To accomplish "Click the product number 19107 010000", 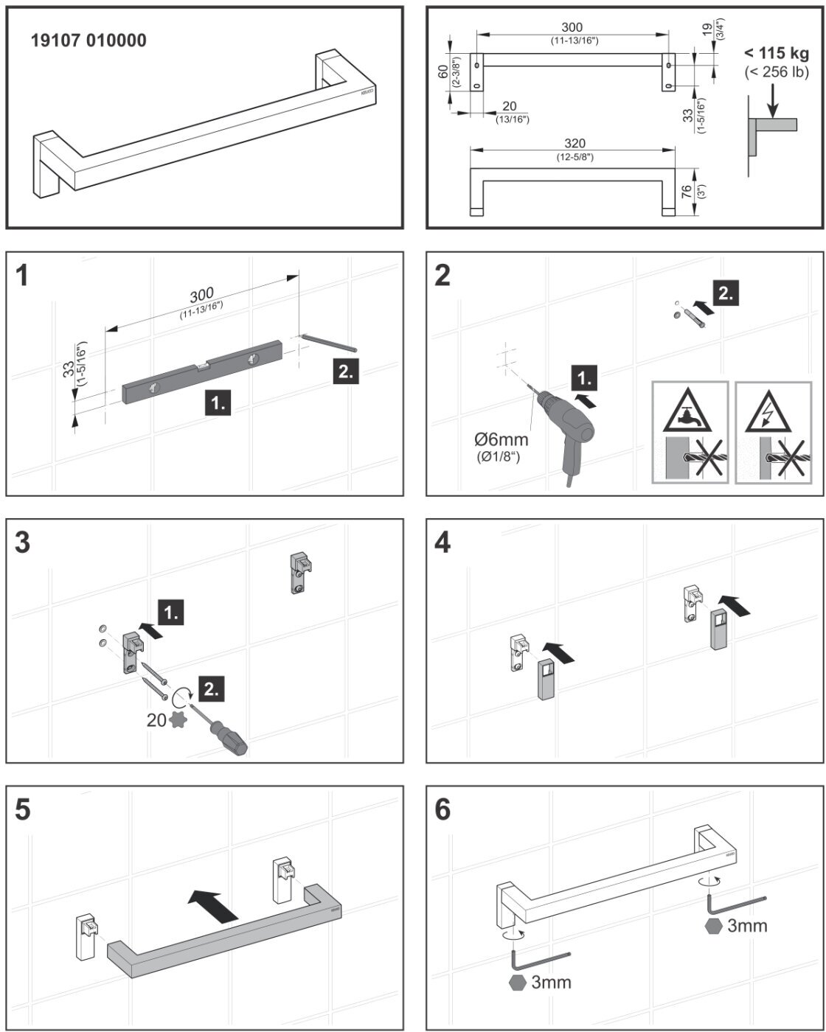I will tap(88, 41).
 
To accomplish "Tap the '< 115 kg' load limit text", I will tap(777, 53).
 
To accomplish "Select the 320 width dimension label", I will tap(575, 143).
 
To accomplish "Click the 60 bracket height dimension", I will tap(442, 71).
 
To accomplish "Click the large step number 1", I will tap(24, 276).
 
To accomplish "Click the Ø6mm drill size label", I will tap(502, 440).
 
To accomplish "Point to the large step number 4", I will tap(442, 543).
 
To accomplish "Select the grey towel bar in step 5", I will tap(221, 944).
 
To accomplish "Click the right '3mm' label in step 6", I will tap(746, 926).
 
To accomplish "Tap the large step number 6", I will tap(442, 809).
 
